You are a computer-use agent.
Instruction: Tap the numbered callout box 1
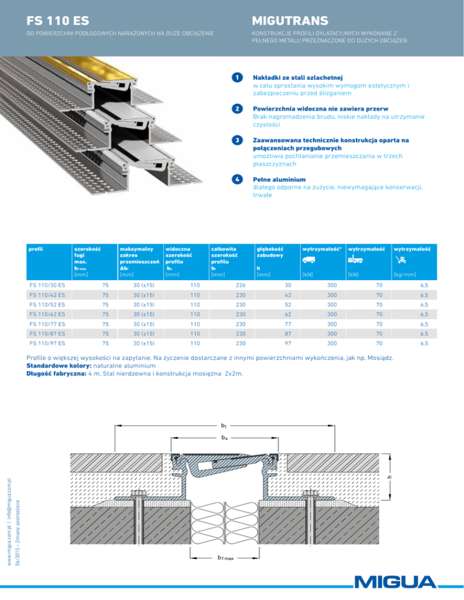[x=238, y=78]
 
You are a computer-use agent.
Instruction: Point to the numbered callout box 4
[x=238, y=179]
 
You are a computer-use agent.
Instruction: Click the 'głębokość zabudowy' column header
[x=269, y=251]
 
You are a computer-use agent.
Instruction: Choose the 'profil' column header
[x=36, y=247]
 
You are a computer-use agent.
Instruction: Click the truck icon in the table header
[x=310, y=261]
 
